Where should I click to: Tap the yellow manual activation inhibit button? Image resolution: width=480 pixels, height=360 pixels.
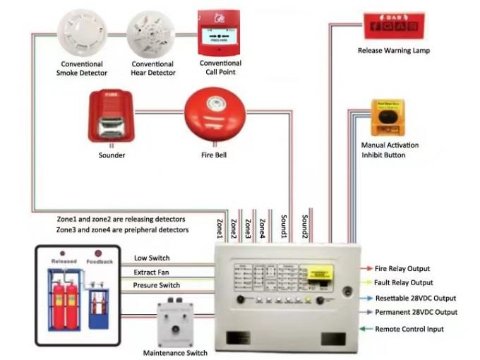(388, 117)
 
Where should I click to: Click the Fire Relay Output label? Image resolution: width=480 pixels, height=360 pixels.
(412, 269)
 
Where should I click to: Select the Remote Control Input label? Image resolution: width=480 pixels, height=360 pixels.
(409, 329)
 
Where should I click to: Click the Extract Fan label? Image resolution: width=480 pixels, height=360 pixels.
(152, 272)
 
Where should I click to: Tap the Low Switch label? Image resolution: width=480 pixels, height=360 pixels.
(152, 258)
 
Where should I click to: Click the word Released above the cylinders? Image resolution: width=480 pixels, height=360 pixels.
(64, 261)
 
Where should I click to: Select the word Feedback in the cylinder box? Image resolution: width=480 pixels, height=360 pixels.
(100, 261)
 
